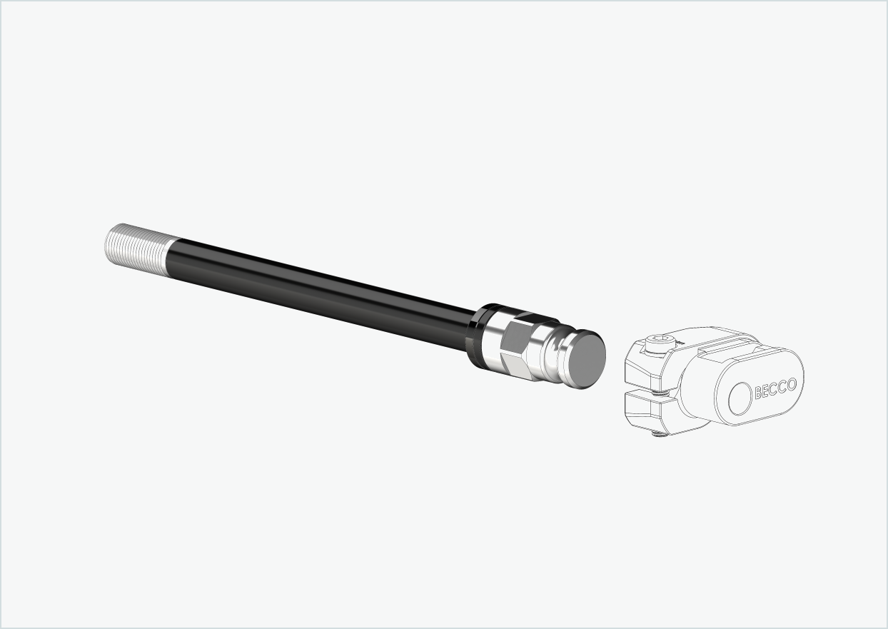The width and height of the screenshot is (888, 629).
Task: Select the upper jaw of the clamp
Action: (646, 371)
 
